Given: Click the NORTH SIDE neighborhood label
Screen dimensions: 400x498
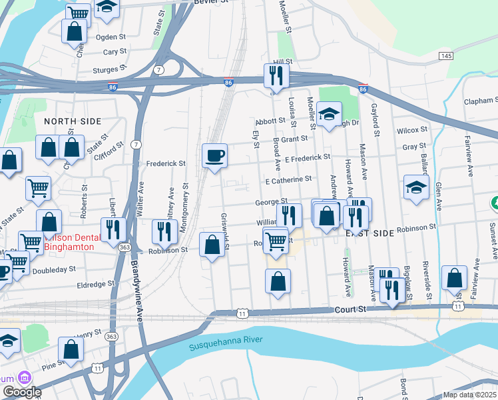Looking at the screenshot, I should [x=73, y=121].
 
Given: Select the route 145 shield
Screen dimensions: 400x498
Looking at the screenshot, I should [x=446, y=55].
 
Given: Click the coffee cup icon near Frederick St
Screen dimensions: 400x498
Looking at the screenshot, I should [x=214, y=156].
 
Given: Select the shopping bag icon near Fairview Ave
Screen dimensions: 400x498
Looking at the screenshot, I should [x=455, y=279].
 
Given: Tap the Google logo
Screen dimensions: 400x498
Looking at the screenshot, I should [x=21, y=392].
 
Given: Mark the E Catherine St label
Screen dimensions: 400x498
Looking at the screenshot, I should [x=288, y=180].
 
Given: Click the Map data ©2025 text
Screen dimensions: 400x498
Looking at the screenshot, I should [x=470, y=395].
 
